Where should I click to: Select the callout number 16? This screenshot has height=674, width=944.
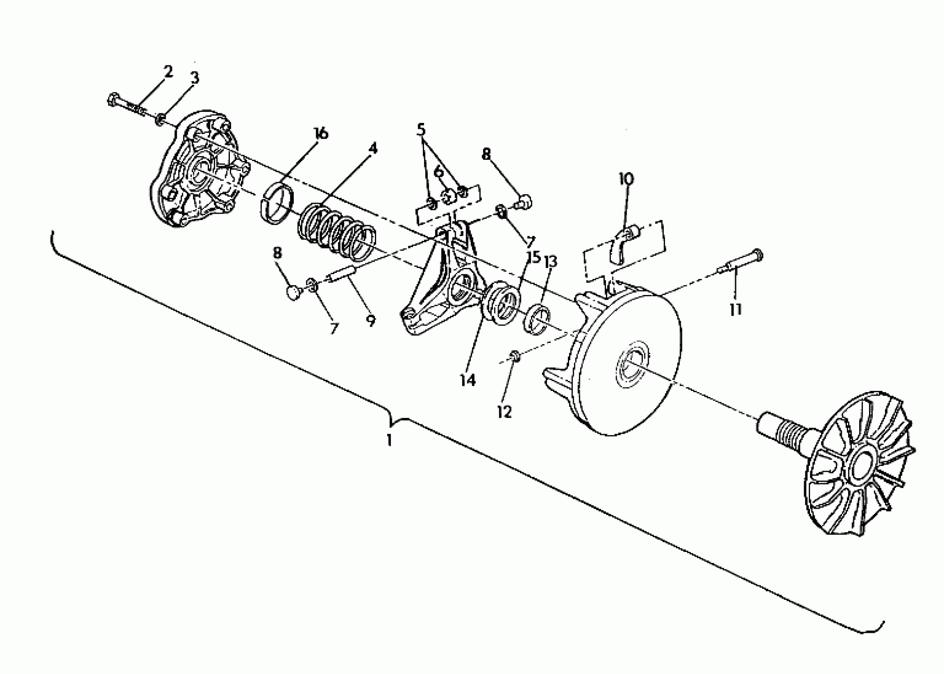click(320, 134)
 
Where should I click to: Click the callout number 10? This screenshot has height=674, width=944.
click(626, 179)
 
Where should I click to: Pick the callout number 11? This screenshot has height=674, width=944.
click(736, 309)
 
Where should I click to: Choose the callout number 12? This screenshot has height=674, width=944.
click(504, 412)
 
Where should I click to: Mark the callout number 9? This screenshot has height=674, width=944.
click(371, 320)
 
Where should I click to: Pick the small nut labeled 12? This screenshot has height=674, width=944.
click(515, 355)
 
